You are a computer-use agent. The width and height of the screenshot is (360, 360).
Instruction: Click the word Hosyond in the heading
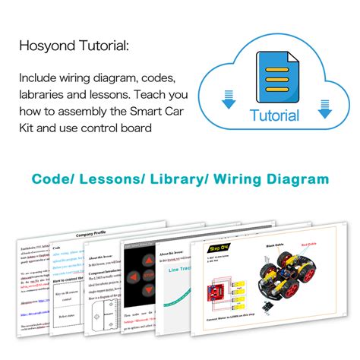tap(45, 46)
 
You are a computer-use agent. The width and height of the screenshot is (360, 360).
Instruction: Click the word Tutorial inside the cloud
tap(274, 116)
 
